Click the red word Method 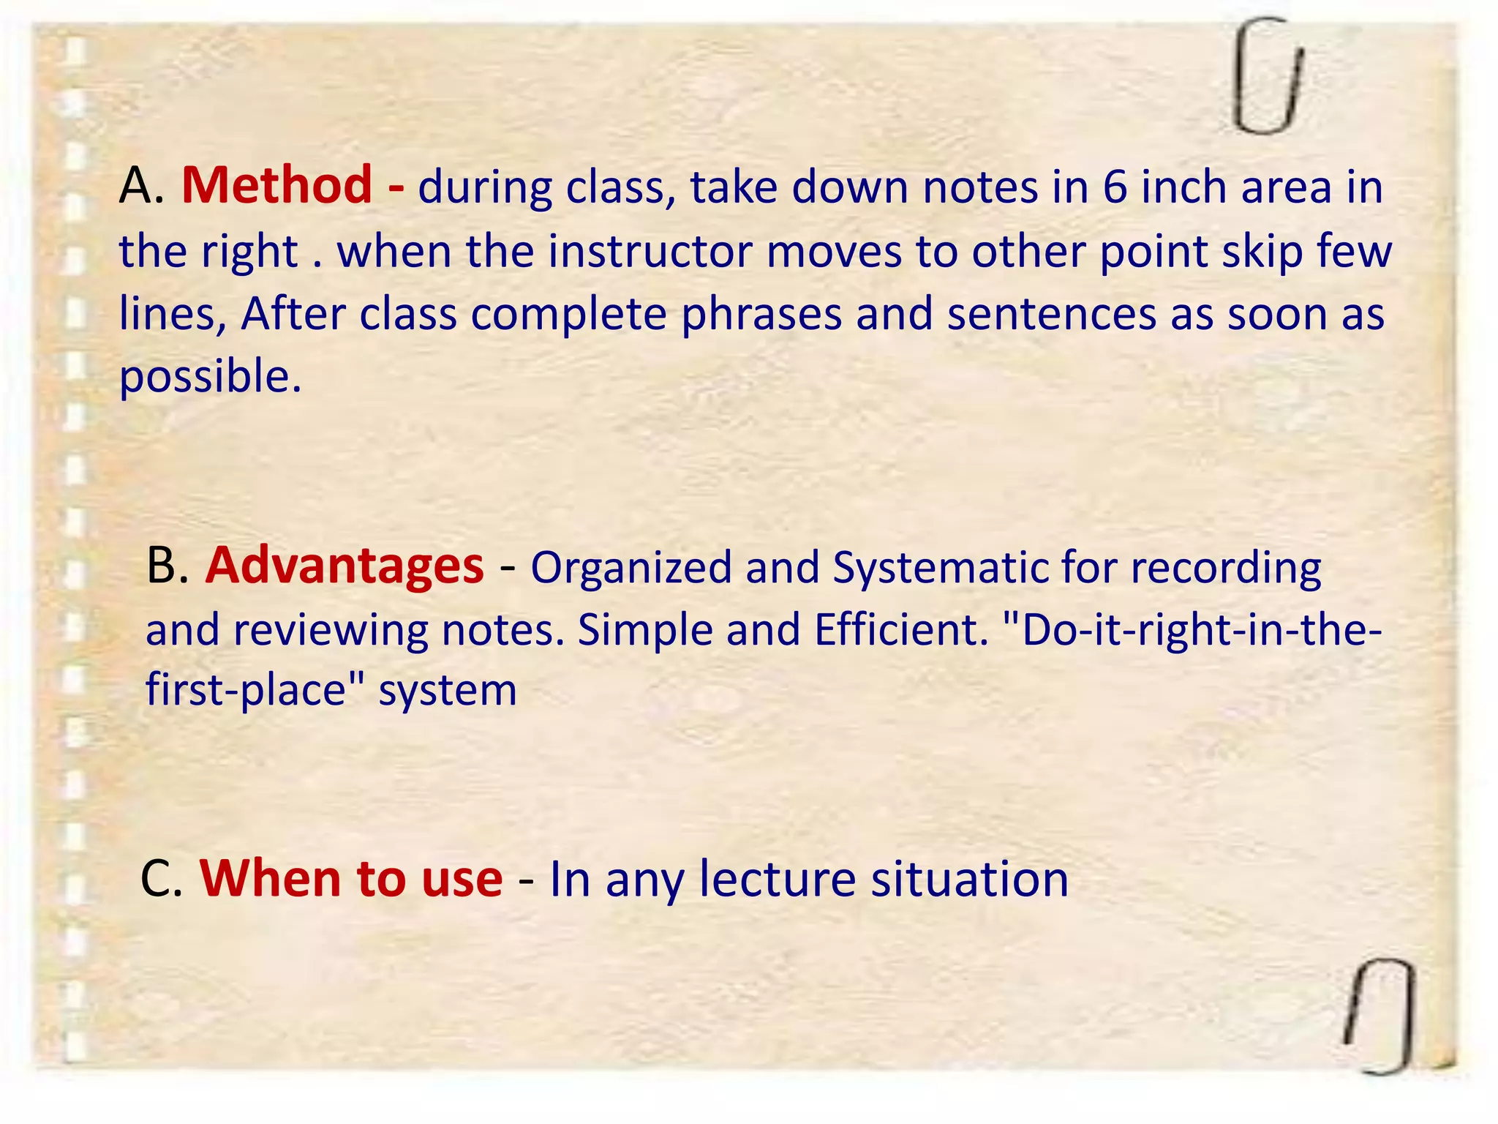tap(276, 185)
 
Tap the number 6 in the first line tap(1115, 187)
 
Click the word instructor tap(650, 251)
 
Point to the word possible tap(210, 378)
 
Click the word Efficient tap(900, 629)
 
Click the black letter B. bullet tap(168, 566)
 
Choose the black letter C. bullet tap(161, 879)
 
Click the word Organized tap(631, 568)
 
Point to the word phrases tap(761, 315)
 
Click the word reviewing tap(331, 630)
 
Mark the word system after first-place tap(447, 691)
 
